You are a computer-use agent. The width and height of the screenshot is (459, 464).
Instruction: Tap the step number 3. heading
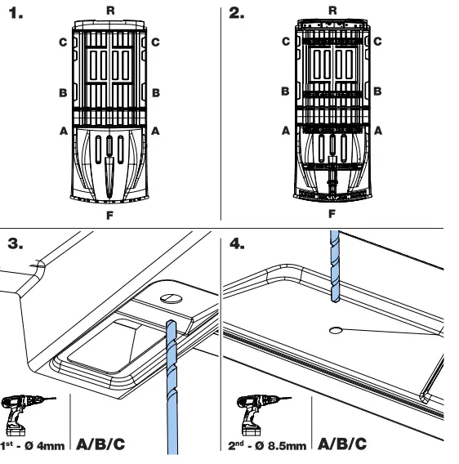tap(17, 243)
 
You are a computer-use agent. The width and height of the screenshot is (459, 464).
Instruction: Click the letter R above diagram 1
tap(111, 9)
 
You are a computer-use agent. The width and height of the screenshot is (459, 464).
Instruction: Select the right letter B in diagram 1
tap(155, 93)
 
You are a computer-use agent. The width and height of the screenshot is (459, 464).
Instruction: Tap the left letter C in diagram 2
tap(286, 42)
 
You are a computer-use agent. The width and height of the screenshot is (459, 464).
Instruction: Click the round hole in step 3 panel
tap(171, 298)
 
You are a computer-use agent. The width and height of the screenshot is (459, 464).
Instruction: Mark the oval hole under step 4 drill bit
tap(335, 330)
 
